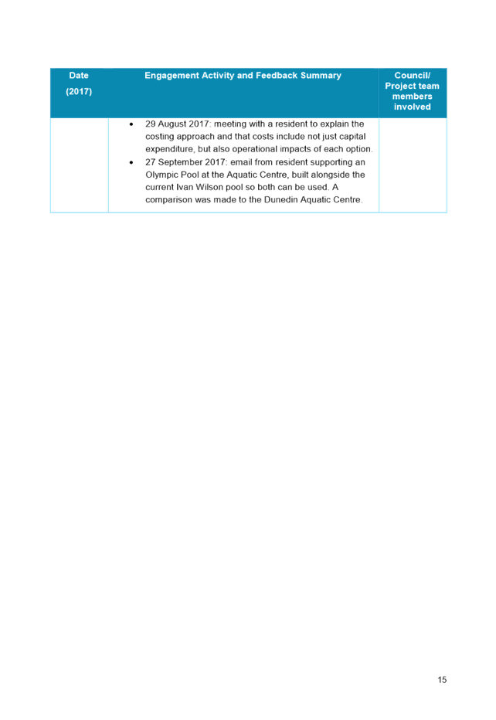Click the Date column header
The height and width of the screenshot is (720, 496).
[x=79, y=75]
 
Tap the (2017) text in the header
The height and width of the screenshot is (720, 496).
[x=79, y=91]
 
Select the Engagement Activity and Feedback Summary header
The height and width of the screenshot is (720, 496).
[x=243, y=75]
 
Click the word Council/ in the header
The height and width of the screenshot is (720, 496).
[x=412, y=75]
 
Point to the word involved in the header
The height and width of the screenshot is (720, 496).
[x=412, y=107]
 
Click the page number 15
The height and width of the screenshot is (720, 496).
[x=442, y=680]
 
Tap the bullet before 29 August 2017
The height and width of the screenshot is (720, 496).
[x=131, y=124]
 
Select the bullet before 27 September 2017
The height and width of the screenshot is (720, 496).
[x=131, y=162]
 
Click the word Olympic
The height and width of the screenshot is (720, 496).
[x=161, y=175]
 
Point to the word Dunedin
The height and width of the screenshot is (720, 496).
[x=280, y=199]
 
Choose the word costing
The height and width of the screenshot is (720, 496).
[x=160, y=137]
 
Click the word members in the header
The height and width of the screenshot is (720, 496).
[x=412, y=97]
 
